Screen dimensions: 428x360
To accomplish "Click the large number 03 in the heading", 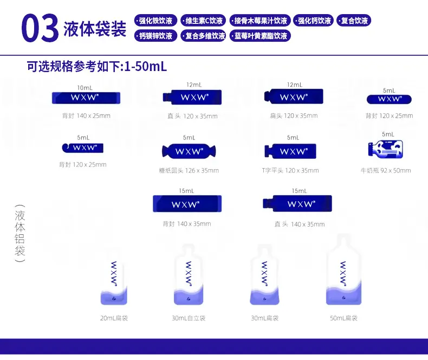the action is tap(40, 28).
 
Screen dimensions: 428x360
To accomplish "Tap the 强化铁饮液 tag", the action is tap(155, 21).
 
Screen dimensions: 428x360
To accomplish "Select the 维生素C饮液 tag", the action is tap(203, 21).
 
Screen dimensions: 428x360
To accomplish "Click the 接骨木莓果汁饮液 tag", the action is tap(260, 21).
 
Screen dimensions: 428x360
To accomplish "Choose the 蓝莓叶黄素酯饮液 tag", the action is tap(260, 36).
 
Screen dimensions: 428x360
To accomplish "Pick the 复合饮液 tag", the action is tap(354, 21).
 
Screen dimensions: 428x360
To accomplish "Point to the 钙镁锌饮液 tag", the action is tap(155, 36).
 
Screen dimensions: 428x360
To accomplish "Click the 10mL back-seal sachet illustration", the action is tap(86, 98).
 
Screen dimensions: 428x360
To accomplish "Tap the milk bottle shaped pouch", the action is tap(385, 149).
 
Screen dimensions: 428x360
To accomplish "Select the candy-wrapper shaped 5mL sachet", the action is tap(189, 151).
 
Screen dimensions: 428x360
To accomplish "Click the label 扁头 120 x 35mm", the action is tap(294, 116).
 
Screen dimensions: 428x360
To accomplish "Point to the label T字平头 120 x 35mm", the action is tap(290, 170).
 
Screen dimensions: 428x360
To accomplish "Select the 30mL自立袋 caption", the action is tap(189, 318).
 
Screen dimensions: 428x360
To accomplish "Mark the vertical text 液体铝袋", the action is tap(20, 233).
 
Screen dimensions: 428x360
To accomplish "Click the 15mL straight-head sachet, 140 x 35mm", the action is tap(297, 203).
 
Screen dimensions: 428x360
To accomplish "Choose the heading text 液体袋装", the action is tap(95, 29).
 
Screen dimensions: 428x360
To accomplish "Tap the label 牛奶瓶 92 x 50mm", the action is tap(386, 170).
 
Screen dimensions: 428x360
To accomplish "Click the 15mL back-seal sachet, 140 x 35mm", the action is tap(187, 204).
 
